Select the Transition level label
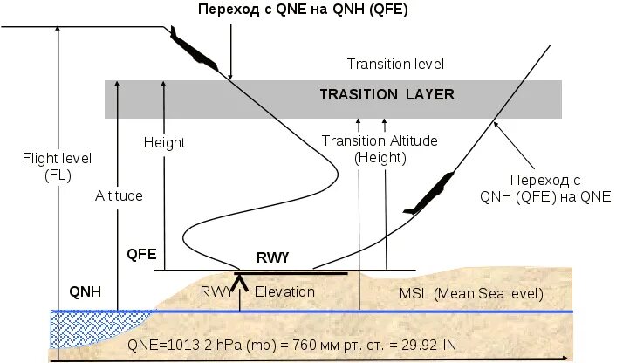coord(396,64)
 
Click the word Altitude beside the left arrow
coord(119,195)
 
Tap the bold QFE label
coord(141,255)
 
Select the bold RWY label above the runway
coord(272,258)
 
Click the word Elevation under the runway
coord(284,291)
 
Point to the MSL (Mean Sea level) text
coord(471,292)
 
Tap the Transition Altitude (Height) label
coord(380,149)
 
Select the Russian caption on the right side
coord(545,188)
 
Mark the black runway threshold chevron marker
coord(240,280)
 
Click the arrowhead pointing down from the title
coord(229,75)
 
